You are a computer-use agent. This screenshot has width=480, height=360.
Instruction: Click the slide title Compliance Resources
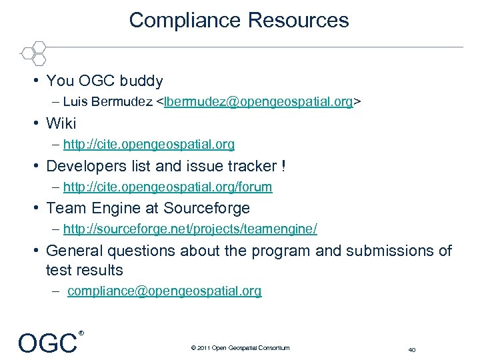pos(239,20)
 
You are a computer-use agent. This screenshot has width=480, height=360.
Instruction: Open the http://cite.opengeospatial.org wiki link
pos(149,144)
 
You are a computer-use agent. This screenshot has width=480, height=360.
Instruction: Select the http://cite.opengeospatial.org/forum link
pos(167,187)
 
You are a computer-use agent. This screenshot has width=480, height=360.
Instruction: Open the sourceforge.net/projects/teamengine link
pos(190,229)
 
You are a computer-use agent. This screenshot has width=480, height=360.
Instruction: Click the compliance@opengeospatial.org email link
pos(165,291)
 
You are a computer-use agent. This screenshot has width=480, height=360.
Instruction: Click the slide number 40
pos(411,349)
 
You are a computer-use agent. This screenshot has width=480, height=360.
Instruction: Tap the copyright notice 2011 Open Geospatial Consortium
pos(240,347)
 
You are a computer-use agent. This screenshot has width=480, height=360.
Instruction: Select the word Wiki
pos(61,123)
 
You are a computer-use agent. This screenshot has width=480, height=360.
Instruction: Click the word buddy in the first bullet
pos(141,81)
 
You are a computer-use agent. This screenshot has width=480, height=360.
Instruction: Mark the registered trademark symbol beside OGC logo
pos(81,332)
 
